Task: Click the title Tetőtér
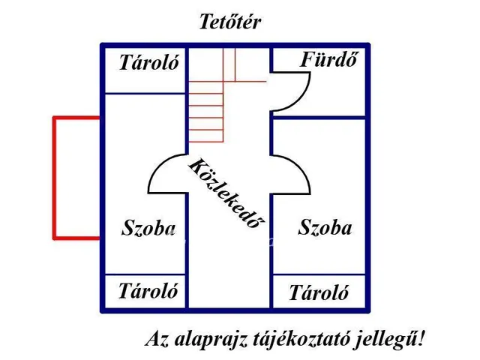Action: pos(229,22)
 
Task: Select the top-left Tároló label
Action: pos(149,63)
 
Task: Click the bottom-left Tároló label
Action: pos(148,291)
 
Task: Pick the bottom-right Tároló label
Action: pos(319,292)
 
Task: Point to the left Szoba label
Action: pos(148,228)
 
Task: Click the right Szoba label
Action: pos(325,227)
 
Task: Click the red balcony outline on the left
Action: pos(54,178)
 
